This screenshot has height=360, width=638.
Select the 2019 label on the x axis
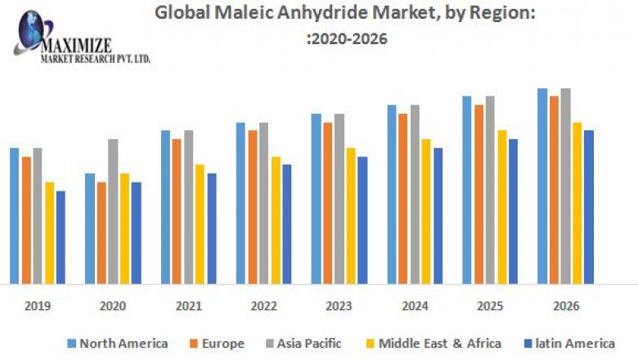37,306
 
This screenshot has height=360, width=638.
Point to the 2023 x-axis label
339,306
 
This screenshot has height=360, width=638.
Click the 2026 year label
565,306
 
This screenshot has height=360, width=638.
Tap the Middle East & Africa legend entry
438,343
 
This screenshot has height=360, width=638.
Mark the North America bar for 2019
14,216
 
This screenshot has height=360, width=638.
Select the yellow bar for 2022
276,220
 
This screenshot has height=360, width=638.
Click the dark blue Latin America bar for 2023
362,220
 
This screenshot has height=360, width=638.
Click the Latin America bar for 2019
61,237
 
